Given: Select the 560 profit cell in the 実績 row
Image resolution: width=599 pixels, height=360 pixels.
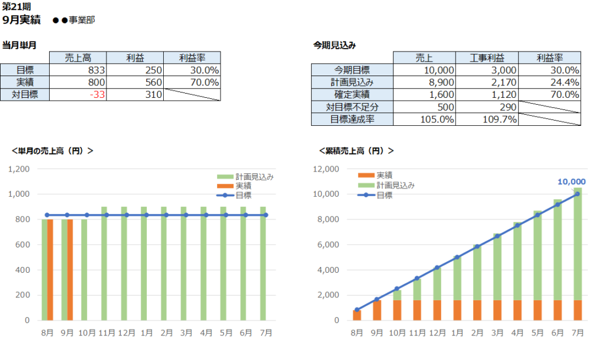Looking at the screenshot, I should (135, 82).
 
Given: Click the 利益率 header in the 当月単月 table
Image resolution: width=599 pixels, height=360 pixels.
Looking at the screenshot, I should (192, 57).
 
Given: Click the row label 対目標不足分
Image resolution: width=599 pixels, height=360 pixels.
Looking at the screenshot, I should (352, 107).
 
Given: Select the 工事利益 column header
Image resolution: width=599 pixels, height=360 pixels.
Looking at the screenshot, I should (486, 57).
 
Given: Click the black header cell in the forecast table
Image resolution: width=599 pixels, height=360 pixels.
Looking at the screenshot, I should (352, 57).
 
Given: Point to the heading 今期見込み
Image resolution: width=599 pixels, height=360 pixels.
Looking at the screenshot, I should (335, 44).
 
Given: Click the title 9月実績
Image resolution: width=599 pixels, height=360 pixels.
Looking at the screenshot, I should (22, 20).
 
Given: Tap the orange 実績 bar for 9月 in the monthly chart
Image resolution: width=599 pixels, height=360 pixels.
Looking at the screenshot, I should (70, 270).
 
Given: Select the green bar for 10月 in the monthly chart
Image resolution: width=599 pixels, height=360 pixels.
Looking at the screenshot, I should (84, 270).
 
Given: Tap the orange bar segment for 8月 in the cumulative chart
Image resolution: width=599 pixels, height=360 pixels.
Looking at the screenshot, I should (357, 315).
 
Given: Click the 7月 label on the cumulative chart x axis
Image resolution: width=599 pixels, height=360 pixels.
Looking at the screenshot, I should (577, 332).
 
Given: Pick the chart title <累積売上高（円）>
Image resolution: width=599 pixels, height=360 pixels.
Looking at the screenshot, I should (356, 150).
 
